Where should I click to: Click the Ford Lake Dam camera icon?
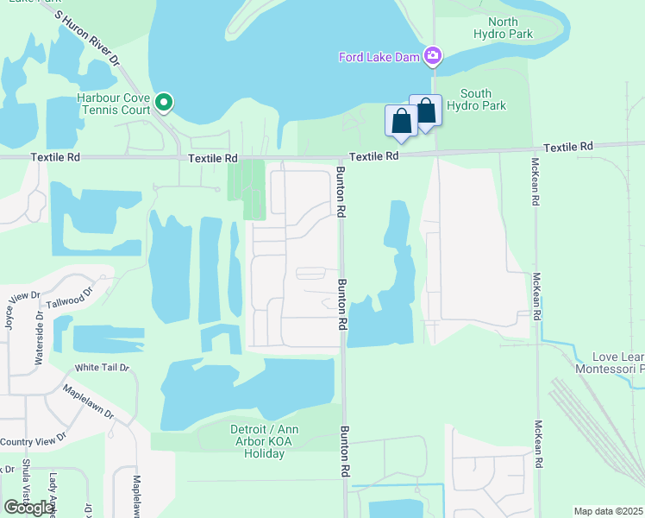433,57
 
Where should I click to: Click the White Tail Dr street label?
102,368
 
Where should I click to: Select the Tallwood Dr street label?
68,301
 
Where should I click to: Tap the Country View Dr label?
32,442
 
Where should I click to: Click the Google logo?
29,507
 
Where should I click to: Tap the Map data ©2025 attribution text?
609,511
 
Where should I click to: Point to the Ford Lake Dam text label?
379,58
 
